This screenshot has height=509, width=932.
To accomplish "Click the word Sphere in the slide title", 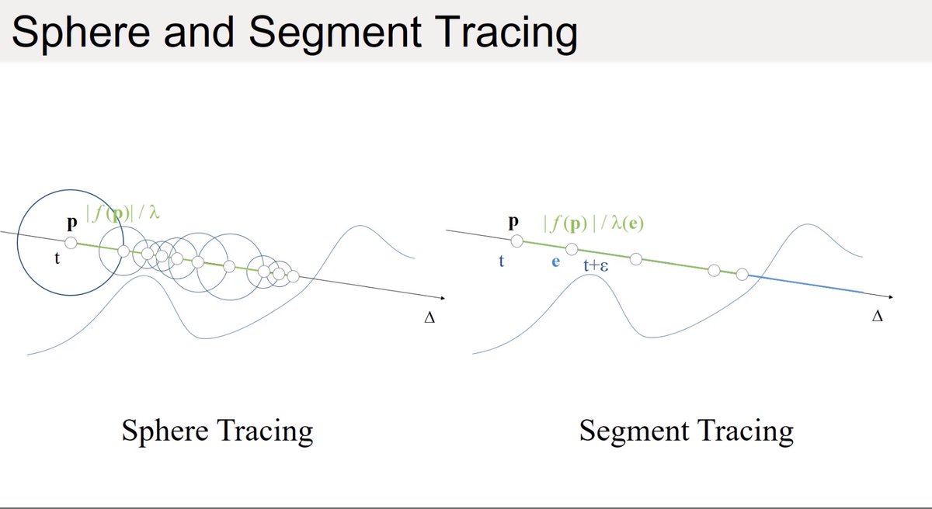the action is pos(81,33).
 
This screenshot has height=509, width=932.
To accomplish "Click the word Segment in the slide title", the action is pos(336,33).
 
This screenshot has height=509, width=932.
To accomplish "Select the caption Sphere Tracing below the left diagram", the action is pos(217,431).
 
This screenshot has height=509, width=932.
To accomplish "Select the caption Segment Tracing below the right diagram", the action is pos(686,431).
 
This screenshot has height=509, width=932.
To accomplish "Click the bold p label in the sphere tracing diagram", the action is pos(72,223).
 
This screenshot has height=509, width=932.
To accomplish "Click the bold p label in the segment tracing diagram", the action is pos(514,222).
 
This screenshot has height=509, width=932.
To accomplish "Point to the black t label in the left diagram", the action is pos(57,258).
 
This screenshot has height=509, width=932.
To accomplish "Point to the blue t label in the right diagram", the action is pos(502,261).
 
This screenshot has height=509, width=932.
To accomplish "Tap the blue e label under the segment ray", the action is pos(555,261).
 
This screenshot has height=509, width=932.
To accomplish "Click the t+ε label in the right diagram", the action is pos(596,265).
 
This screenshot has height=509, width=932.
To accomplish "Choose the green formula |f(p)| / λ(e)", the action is pos(593,224).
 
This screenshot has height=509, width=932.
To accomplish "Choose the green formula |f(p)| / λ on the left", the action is pos(123,213).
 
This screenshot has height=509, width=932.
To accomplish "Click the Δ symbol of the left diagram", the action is pos(429,318).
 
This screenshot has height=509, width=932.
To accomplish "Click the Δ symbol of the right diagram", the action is pos(877,317).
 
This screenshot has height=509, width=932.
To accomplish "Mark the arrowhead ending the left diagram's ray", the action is pos(443,297).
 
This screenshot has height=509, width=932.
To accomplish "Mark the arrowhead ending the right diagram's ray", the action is pos(891,296).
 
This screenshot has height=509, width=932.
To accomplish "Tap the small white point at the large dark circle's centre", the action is pos(71,243).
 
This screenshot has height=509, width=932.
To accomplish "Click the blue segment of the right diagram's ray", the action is pos(805,284).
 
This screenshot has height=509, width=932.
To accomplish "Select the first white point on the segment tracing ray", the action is pos(516,241).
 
